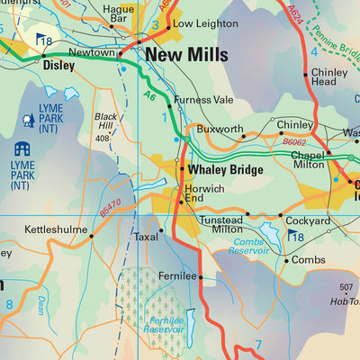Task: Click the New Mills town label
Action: pyautogui.click(x=186, y=56)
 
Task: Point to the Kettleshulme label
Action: pyautogui.click(x=54, y=231)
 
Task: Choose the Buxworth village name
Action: pyautogui.click(x=220, y=130)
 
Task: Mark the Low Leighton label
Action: pyautogui.click(x=200, y=23)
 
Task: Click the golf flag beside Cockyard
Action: pyautogui.click(x=294, y=237)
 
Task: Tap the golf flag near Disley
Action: pyautogui.click(x=42, y=40)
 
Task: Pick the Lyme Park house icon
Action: pyautogui.click(x=22, y=148)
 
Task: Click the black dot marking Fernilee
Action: pyautogui.click(x=200, y=277)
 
